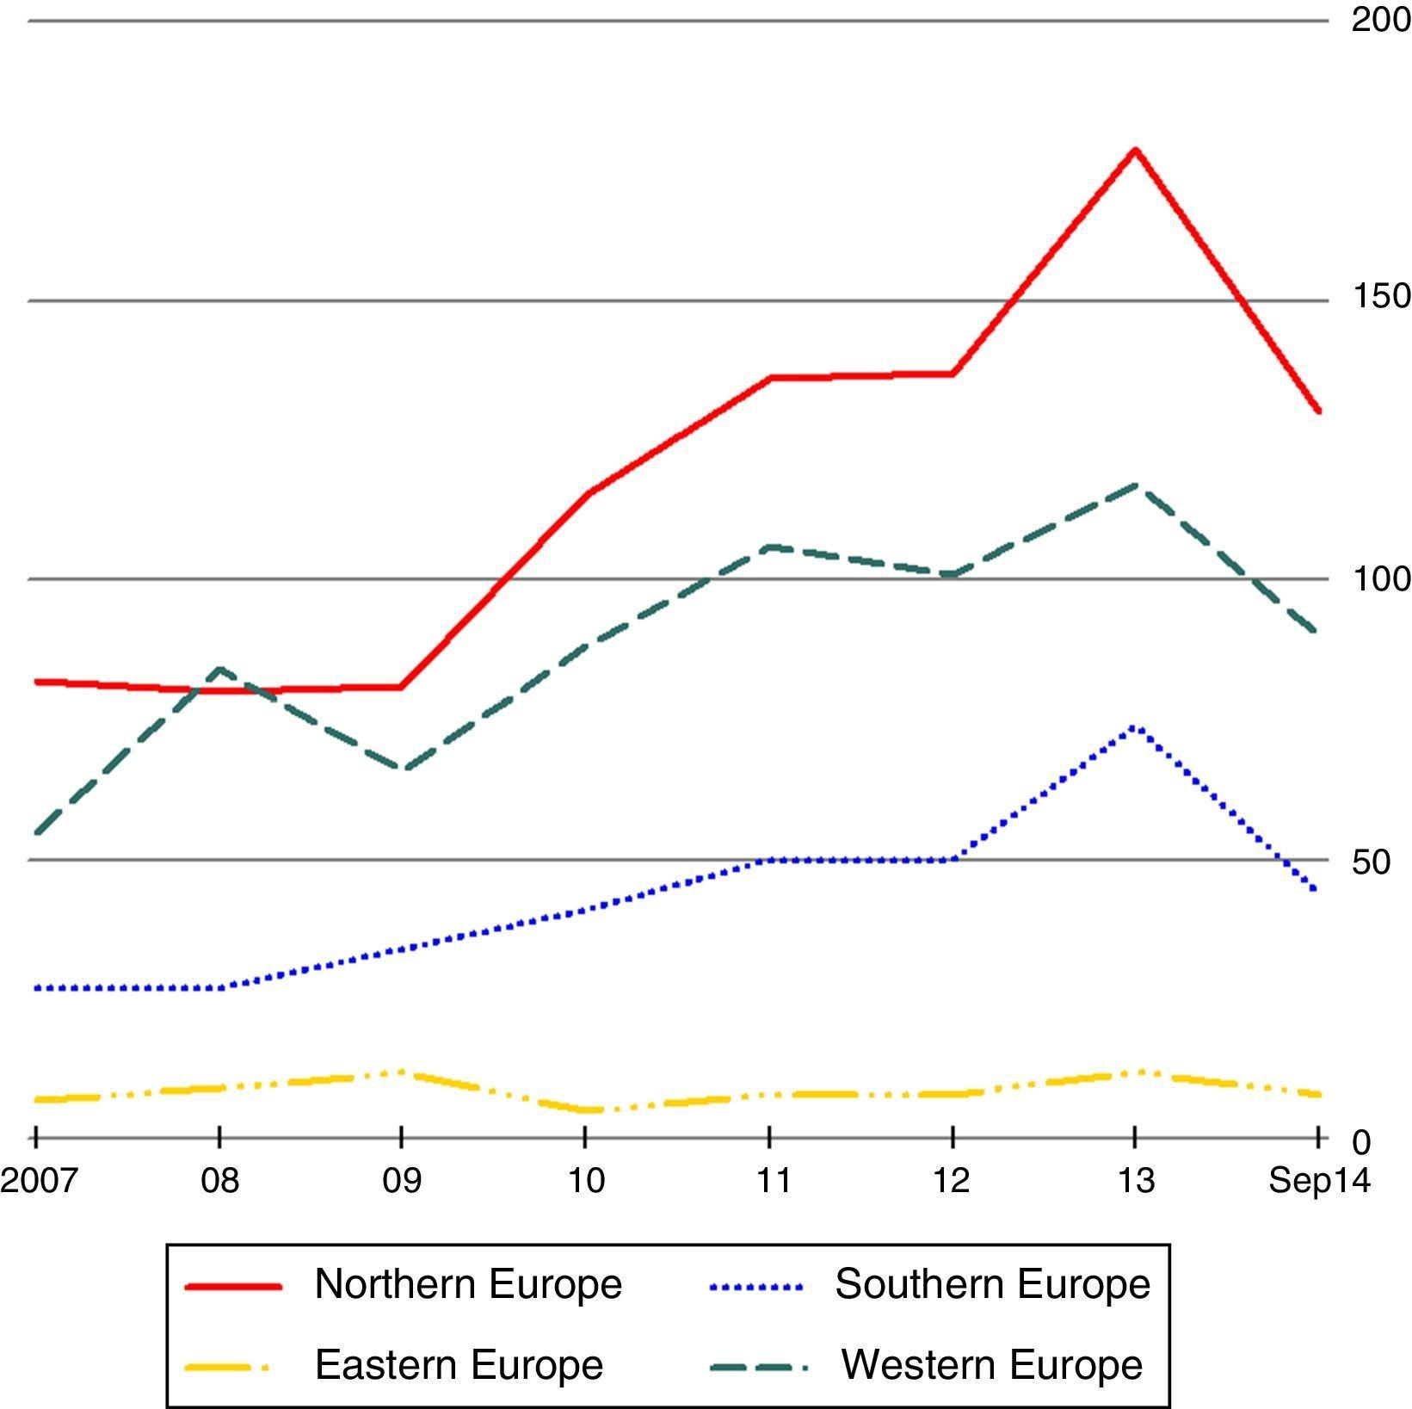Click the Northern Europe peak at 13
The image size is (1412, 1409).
pyautogui.click(x=1135, y=151)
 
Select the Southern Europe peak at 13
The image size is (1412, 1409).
pyautogui.click(x=1135, y=727)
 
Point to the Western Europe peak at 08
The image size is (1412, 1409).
pyautogui.click(x=219, y=669)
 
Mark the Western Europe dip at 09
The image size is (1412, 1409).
pyautogui.click(x=403, y=769)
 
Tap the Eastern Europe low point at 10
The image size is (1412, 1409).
pyautogui.click(x=587, y=1109)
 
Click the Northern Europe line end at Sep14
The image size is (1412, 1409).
pyautogui.click(x=1317, y=411)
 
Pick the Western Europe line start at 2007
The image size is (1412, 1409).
pyautogui.click(x=36, y=832)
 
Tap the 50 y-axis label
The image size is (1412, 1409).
pyautogui.click(x=1371, y=862)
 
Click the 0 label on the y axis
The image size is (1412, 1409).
pyautogui.click(x=1360, y=1143)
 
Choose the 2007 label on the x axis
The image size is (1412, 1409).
pyautogui.click(x=38, y=1180)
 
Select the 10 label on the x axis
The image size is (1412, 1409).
pyautogui.click(x=586, y=1180)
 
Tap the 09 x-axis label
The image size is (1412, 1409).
pyautogui.click(x=402, y=1180)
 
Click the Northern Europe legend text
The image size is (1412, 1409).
pyautogui.click(x=468, y=1284)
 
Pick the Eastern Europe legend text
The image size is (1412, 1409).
pyautogui.click(x=459, y=1364)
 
